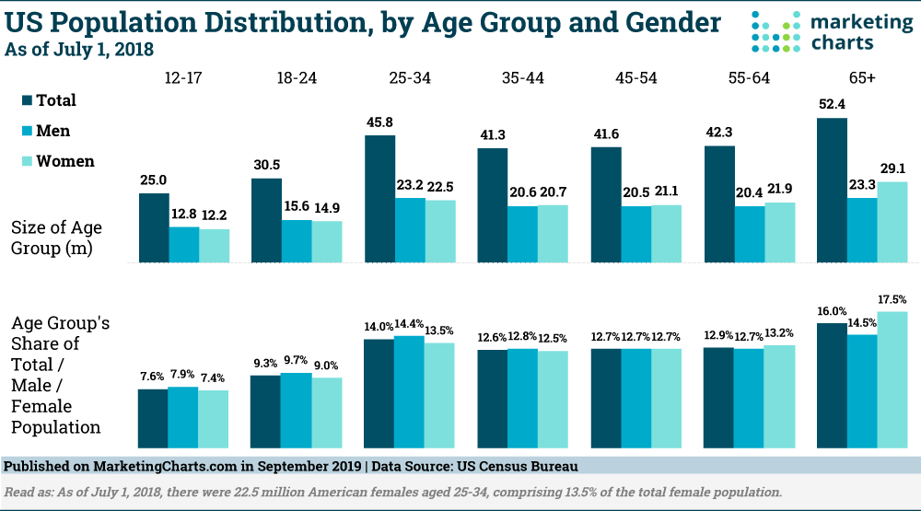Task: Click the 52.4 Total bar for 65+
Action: tap(833, 189)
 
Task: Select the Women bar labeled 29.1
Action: tap(892, 221)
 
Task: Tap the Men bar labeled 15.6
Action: tap(296, 240)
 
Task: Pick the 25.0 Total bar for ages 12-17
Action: tap(154, 227)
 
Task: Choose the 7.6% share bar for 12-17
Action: tap(153, 417)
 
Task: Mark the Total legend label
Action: tap(56, 100)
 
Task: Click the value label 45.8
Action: tap(379, 121)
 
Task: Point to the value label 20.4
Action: tap(749, 192)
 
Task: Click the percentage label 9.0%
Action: tap(327, 365)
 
